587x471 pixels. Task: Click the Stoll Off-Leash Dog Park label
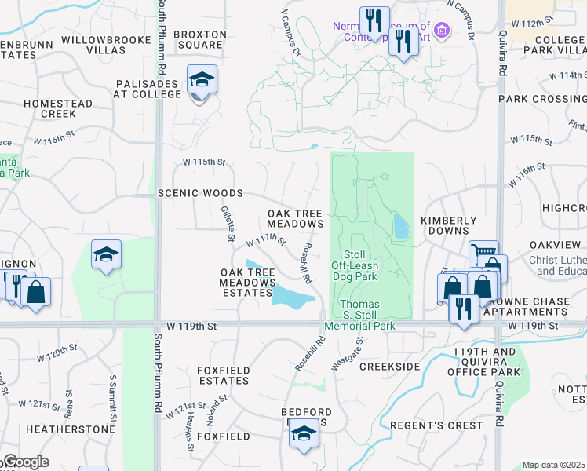361,265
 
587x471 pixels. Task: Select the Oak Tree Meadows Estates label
246,283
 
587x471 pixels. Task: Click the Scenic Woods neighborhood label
199,193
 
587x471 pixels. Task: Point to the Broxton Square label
199,40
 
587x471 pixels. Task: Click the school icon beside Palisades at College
202,79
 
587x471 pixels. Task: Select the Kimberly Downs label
449,226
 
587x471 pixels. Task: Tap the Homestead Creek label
58,108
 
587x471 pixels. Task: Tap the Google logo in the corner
25,462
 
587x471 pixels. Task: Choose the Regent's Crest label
456,425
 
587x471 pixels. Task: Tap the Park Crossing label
542,99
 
